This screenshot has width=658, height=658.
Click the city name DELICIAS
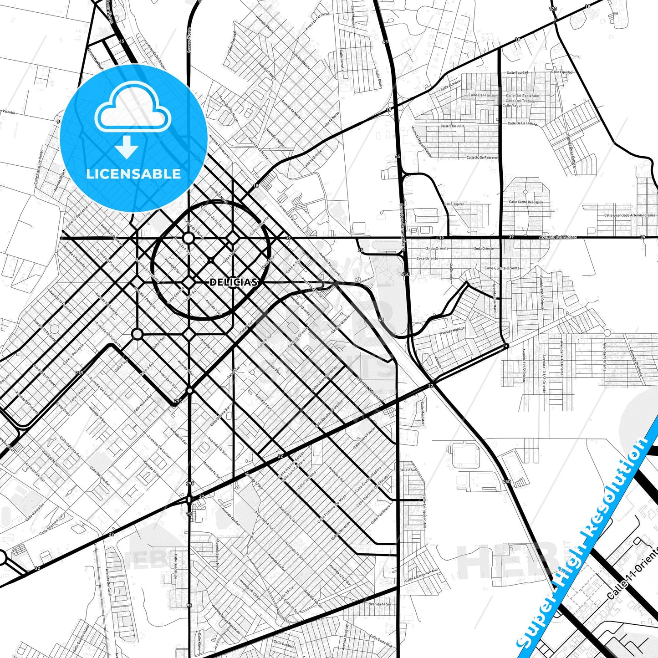coord(234,282)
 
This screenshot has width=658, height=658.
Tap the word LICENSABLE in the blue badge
coord(133,174)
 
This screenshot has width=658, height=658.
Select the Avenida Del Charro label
coord(558,237)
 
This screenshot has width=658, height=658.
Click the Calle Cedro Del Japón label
coord(525,202)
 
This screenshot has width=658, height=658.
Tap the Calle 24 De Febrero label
coord(482,158)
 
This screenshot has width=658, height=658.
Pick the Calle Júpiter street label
coord(454,204)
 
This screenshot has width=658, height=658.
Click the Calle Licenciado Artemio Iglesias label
coord(630,215)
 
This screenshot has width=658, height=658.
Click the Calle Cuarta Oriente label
coord(502,268)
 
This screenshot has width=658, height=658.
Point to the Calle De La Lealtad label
coord(522,123)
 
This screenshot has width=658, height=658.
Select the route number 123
coord(553,9)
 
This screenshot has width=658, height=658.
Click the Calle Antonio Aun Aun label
coord(422,575)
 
